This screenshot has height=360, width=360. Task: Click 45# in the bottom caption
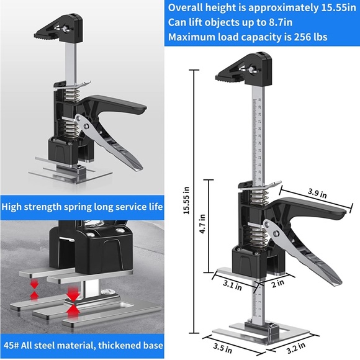tap(13, 344)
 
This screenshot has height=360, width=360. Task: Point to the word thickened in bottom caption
tap(118, 344)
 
